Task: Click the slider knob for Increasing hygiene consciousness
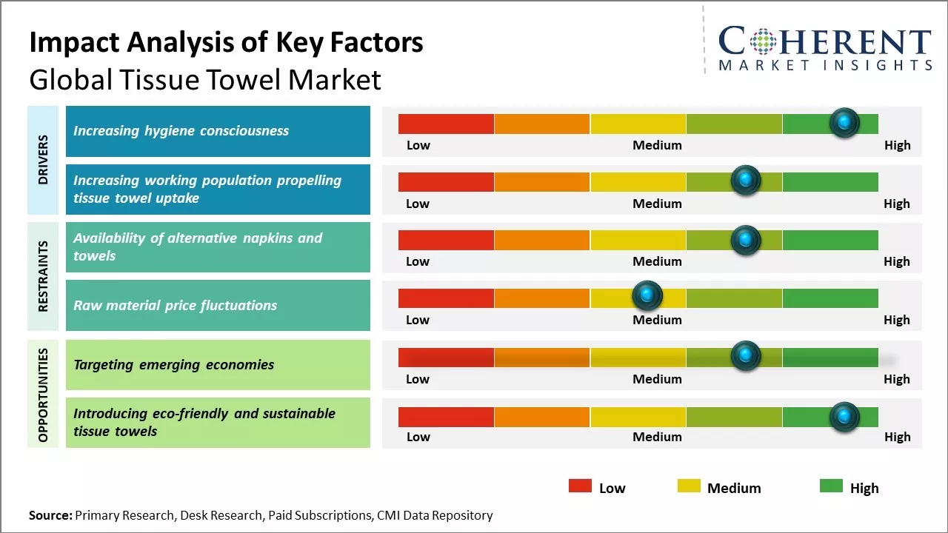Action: tap(844, 123)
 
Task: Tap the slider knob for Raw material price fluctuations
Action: tap(647, 296)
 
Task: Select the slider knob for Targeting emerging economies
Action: tap(745, 356)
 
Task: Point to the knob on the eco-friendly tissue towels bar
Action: tap(844, 417)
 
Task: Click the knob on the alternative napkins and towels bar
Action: tap(745, 240)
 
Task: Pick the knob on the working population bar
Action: tap(745, 181)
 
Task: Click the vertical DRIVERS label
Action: tap(43, 159)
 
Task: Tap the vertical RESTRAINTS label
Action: tap(43, 276)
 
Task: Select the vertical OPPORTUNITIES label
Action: tap(43, 395)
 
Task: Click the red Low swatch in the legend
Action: tap(580, 486)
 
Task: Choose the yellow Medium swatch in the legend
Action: tap(689, 486)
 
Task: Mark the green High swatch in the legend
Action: tap(831, 486)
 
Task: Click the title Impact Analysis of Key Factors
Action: tap(226, 42)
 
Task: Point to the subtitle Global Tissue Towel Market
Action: tap(205, 79)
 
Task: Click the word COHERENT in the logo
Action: tap(825, 41)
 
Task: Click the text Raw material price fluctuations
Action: tap(175, 305)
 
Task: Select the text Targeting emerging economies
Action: tap(173, 364)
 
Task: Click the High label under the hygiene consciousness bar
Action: tap(897, 145)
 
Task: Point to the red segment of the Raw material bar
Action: tap(446, 298)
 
